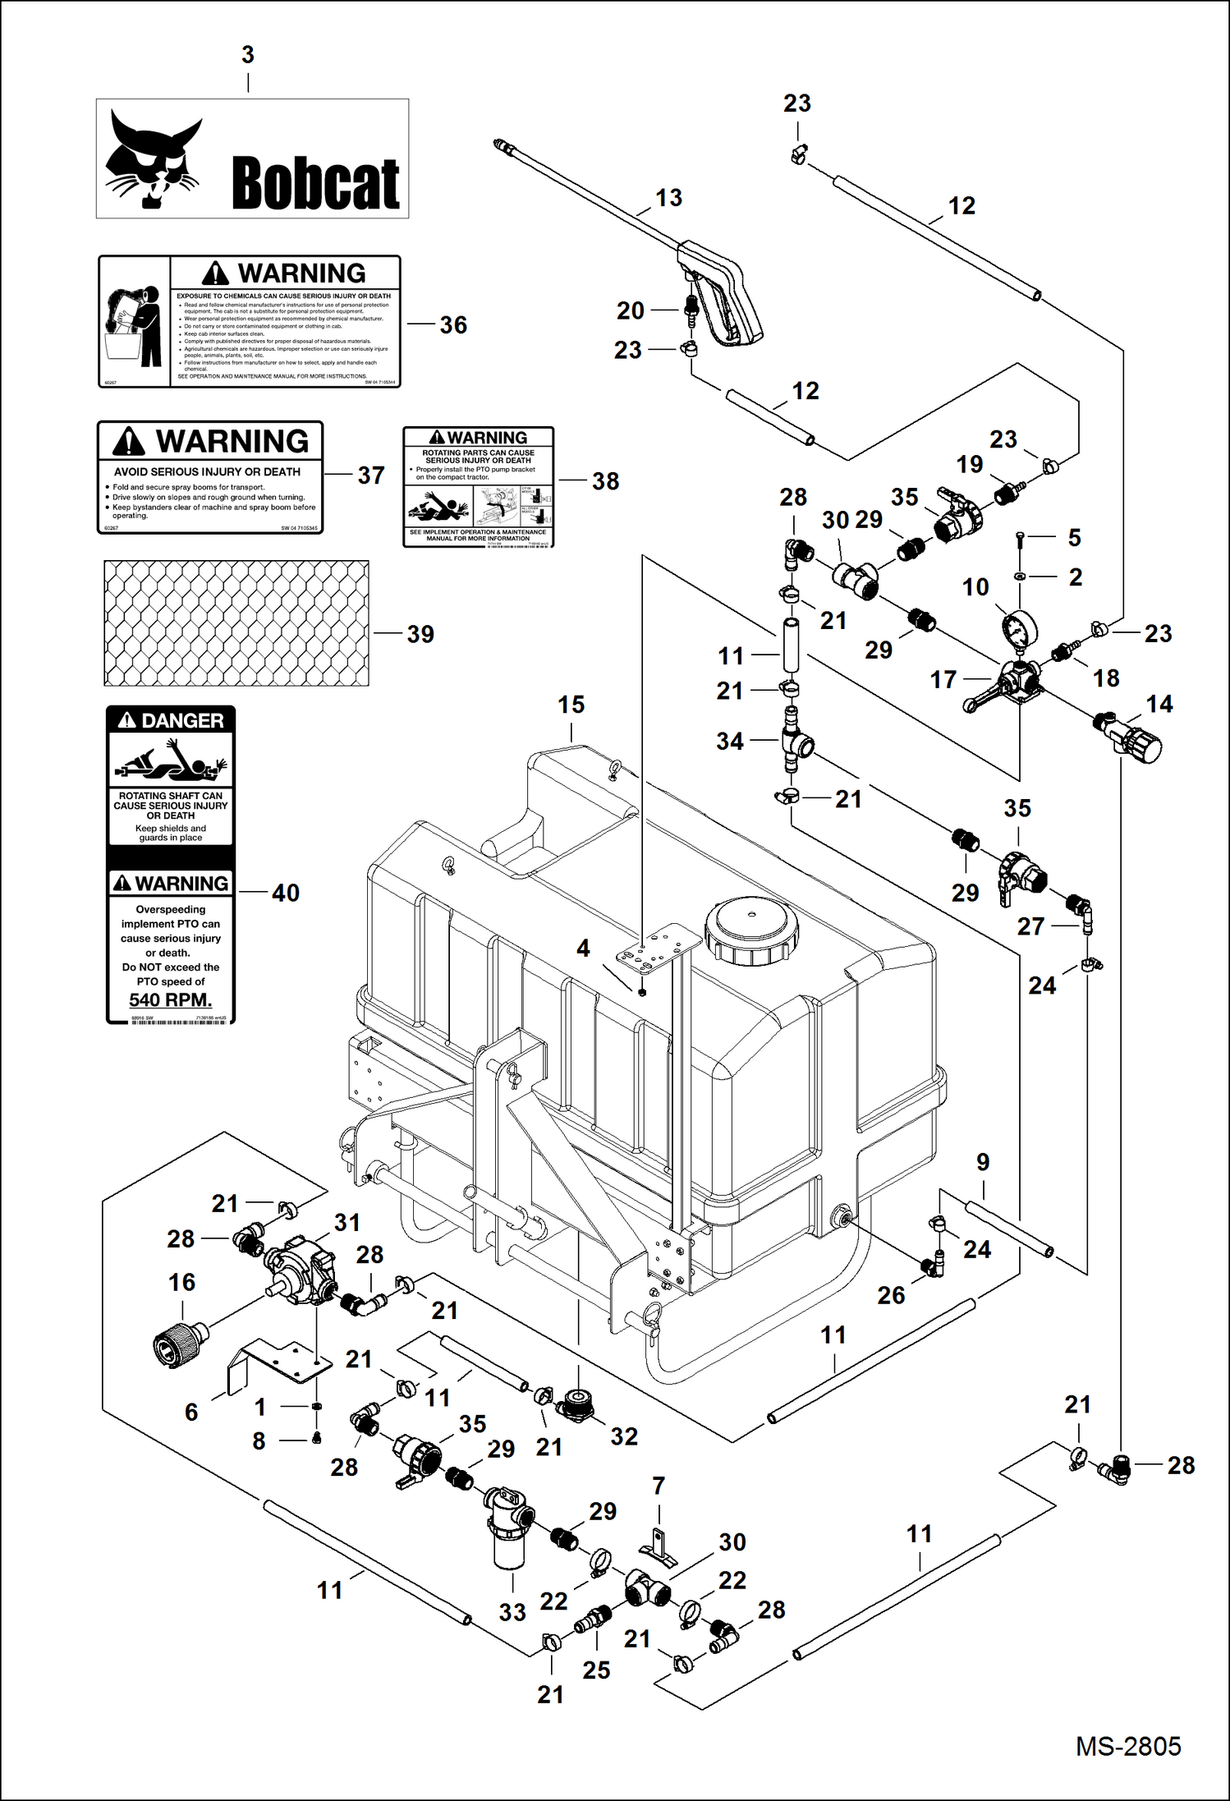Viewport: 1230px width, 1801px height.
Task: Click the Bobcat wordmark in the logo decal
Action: pyautogui.click(x=315, y=183)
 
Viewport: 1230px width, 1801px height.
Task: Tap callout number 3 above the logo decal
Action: pyautogui.click(x=248, y=55)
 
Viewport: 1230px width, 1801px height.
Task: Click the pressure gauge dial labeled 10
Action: pyautogui.click(x=1019, y=632)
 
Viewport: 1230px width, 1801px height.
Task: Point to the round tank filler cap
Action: pyautogui.click(x=750, y=928)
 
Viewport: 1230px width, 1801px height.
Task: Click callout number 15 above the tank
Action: pyautogui.click(x=571, y=705)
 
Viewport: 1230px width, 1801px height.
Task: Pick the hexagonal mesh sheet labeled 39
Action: pyautogui.click(x=236, y=623)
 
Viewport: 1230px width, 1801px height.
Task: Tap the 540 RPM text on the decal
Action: pyautogui.click(x=170, y=999)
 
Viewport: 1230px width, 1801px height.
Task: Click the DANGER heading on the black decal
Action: pyautogui.click(x=171, y=720)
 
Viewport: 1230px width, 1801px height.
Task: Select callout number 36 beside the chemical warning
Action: pyautogui.click(x=453, y=325)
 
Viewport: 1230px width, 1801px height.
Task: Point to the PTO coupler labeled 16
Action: pyautogui.click(x=179, y=1340)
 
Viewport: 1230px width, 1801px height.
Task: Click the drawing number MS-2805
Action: pyautogui.click(x=1127, y=1745)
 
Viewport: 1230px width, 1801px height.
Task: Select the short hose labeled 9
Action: pyautogui.click(x=1009, y=1228)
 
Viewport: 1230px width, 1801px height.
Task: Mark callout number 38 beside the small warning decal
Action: pyautogui.click(x=605, y=481)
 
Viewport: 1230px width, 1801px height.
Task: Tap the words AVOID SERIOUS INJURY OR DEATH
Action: pyautogui.click(x=207, y=471)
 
